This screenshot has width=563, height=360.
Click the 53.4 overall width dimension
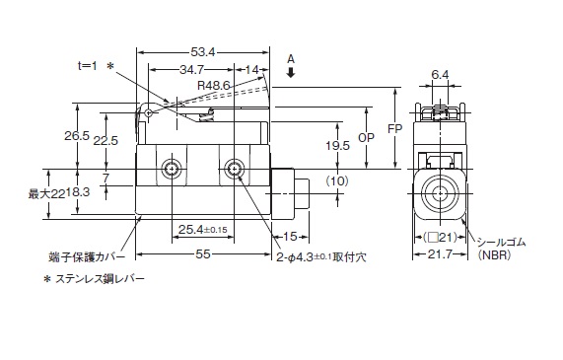(x=202, y=52)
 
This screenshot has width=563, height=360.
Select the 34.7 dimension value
(x=191, y=70)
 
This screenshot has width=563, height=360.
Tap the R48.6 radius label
(x=213, y=86)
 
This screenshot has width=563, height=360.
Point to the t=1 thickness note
(x=88, y=66)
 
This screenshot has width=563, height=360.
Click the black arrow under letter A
(x=291, y=73)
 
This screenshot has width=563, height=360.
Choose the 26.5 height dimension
(x=77, y=136)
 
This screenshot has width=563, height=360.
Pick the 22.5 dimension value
(x=106, y=140)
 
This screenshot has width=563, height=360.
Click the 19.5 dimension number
(x=337, y=146)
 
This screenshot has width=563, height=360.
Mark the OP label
(x=366, y=138)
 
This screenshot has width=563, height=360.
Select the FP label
(x=395, y=128)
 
